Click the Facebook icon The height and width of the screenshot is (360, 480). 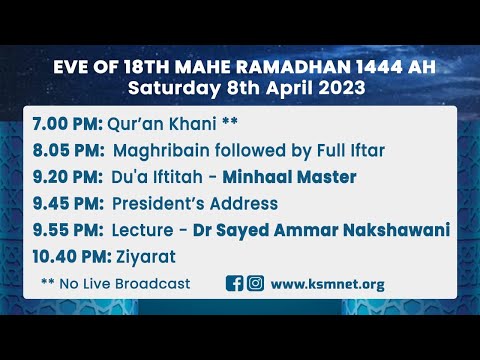click(x=235, y=283)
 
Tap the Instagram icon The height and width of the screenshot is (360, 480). click(x=256, y=283)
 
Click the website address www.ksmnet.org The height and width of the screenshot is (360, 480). click(x=327, y=283)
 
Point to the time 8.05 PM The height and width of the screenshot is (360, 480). click(x=59, y=152)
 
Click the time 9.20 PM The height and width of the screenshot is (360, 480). click(x=59, y=178)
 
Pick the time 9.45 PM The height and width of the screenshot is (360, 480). click(x=59, y=204)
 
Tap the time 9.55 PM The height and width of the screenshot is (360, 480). click(x=59, y=230)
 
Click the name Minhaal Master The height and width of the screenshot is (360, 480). click(x=291, y=178)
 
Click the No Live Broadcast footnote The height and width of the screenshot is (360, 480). click(x=115, y=283)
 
